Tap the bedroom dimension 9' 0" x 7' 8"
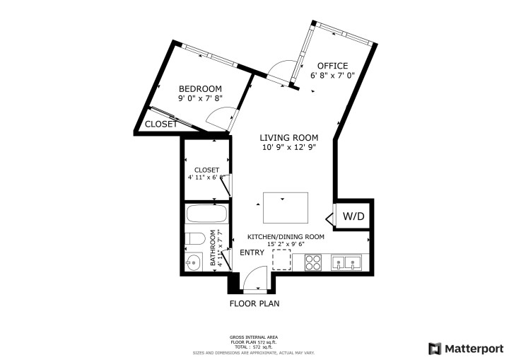pyautogui.click(x=204, y=100)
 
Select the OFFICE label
pyautogui.click(x=332, y=66)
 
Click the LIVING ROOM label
pyautogui.click(x=288, y=137)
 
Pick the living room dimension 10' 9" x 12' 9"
pyautogui.click(x=288, y=148)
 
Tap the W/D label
pyautogui.click(x=353, y=216)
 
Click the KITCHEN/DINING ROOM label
pyautogui.click(x=286, y=237)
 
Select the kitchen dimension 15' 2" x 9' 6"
pyautogui.click(x=286, y=245)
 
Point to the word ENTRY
pyautogui.click(x=252, y=252)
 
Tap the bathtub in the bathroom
pyautogui.click(x=205, y=214)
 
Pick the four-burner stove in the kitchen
pyautogui.click(x=313, y=263)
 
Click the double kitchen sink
pyautogui.click(x=346, y=263)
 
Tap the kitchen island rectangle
pyautogui.click(x=286, y=207)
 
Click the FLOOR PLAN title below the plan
pyautogui.click(x=255, y=304)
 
